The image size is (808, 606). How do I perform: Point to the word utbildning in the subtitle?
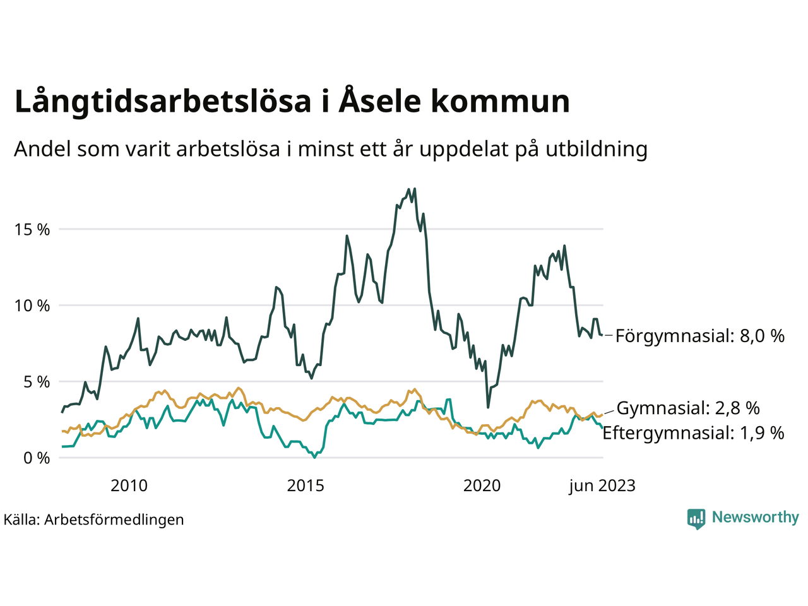point(597,149)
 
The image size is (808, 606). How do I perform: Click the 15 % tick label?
point(32,230)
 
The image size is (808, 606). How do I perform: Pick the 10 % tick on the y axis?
point(32,306)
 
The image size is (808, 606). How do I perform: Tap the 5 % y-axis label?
point(35,382)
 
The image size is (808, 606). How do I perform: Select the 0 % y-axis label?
point(35,458)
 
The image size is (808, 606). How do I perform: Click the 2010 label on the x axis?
point(129,485)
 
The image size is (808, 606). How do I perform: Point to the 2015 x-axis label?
point(306,485)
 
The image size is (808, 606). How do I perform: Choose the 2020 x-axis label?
point(482,485)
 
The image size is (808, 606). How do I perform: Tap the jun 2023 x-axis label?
point(602,485)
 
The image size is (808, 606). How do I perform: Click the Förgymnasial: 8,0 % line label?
point(700,336)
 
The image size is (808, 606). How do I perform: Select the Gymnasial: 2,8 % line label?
point(688,408)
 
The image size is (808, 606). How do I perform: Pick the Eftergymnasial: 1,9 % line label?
point(693,433)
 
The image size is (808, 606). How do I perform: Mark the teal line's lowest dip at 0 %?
point(314,458)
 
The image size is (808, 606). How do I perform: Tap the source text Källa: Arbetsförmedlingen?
point(93,520)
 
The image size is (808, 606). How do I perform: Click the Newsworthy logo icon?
point(696,518)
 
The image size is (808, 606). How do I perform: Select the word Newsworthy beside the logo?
point(755,518)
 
